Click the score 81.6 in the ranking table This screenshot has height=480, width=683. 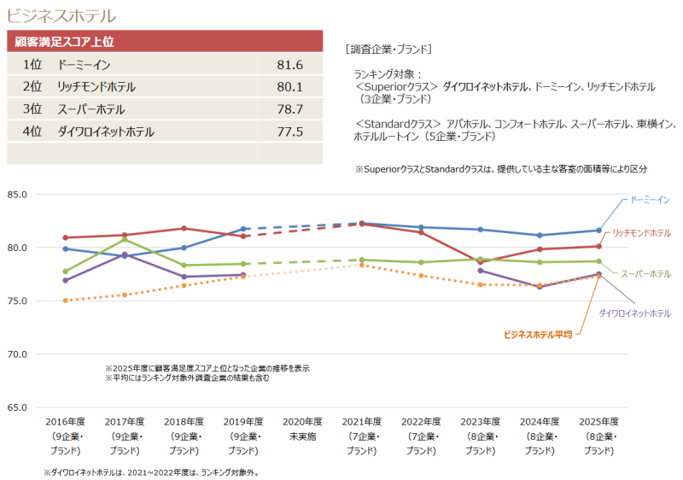coord(290,65)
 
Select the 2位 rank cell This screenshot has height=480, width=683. coord(33,87)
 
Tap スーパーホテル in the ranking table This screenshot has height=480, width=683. coord(90,109)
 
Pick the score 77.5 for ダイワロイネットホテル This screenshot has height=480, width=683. coord(290,132)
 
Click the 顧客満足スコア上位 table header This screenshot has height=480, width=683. coord(65,40)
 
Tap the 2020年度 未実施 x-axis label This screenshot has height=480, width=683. coord(303,428)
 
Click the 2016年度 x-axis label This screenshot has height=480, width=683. coord(66,422)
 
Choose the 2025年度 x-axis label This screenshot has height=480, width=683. coord(598,422)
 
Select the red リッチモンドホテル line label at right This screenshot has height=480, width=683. coord(640,232)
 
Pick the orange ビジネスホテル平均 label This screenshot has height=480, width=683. coord(538,335)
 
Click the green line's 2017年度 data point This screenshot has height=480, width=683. coord(125,239)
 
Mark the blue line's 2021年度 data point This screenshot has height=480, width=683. coord(362,223)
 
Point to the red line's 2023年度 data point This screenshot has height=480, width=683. coord(481,262)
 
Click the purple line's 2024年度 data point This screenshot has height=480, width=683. coord(540,287)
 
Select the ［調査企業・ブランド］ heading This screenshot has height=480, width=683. coord(388,49)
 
